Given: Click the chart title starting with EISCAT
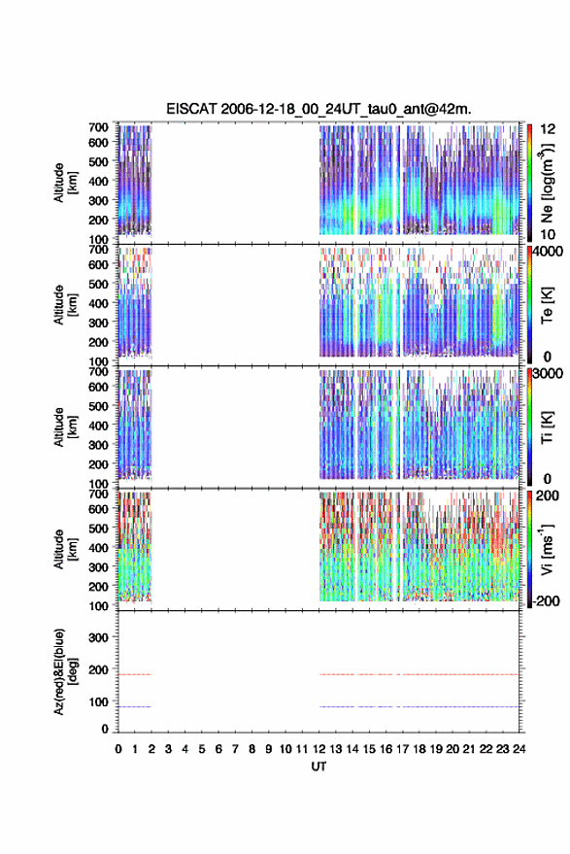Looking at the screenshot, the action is point(319,109).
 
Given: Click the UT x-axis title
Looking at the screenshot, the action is point(319,767).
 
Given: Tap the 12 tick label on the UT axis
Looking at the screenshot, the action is point(319,749).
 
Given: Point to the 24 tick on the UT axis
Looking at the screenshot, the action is point(519,749).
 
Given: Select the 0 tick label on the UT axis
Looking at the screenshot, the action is point(118,749).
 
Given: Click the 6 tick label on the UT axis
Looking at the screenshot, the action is point(218,749).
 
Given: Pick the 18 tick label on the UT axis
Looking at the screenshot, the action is point(419,749).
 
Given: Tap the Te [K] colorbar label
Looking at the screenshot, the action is point(547,305).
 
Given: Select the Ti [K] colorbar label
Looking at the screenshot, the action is point(547,427).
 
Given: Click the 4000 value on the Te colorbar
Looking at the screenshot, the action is point(548,253).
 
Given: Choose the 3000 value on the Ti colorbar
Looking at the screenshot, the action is point(548,374).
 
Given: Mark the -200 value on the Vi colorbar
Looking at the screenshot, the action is point(545,601).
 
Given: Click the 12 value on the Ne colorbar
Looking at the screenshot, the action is point(548,129).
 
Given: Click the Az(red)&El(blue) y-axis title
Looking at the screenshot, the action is point(66,671).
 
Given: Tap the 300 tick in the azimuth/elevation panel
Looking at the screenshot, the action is point(98,637).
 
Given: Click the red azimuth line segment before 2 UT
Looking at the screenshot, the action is point(134,674).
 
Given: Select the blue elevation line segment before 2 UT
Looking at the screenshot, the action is point(134,706).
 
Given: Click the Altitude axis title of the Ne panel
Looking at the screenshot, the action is point(66,183).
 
